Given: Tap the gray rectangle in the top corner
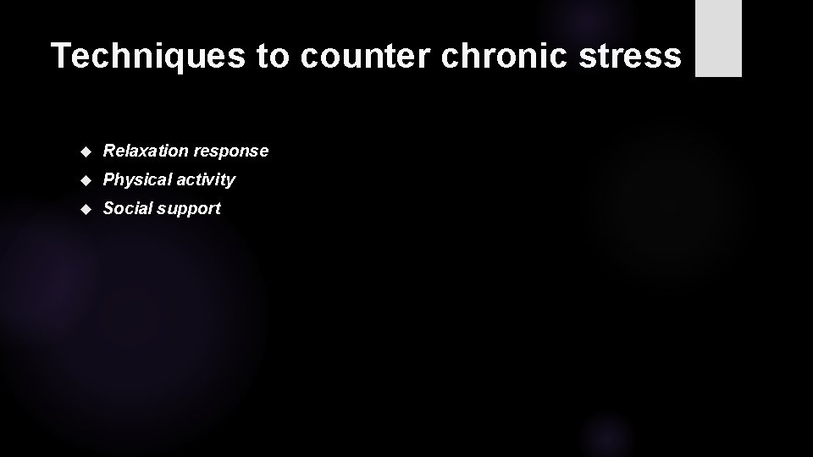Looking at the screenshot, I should point(718,38).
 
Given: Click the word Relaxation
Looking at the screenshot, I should point(146,151).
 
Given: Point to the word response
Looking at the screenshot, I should point(231,151).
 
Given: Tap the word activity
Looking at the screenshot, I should point(204,180).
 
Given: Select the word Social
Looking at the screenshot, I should point(126,208).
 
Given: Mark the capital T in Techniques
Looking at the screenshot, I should point(61,56).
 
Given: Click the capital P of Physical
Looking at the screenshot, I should point(108,179).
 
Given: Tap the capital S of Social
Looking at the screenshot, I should point(108,208).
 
